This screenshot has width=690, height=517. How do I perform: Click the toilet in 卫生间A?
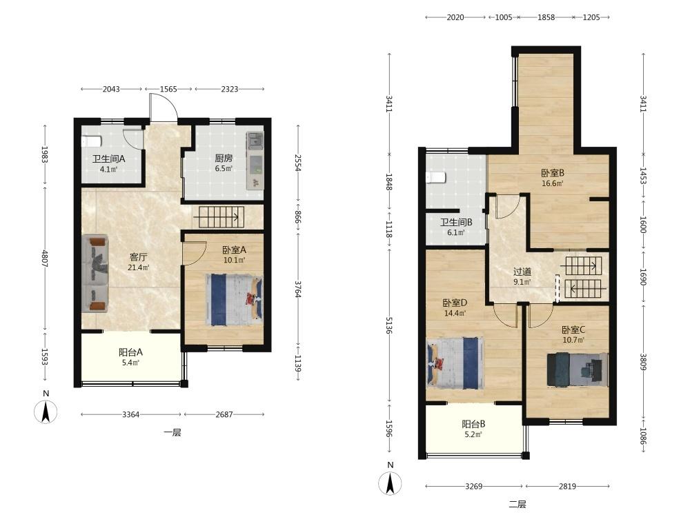point(92,141)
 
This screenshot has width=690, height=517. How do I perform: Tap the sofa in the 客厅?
point(95,273)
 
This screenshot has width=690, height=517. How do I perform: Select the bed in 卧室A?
point(234,300)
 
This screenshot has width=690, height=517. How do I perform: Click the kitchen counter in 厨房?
point(255,161)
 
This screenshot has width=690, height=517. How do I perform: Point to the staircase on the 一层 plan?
point(219,216)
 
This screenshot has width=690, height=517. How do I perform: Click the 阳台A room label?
point(130,352)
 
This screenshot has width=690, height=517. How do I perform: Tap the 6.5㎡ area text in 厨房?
point(224,168)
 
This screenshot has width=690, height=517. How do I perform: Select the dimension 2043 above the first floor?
point(111,89)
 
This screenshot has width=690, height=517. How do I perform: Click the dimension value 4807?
point(44,258)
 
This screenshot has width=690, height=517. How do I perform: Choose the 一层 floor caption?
point(172,433)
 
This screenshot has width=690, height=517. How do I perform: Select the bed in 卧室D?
point(455,363)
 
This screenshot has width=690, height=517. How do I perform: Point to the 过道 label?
point(522,272)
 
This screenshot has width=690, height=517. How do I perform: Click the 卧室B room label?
point(553,173)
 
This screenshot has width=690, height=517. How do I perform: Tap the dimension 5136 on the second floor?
point(388,325)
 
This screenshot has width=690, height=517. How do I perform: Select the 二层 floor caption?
point(517,505)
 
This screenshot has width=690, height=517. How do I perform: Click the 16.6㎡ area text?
point(552,184)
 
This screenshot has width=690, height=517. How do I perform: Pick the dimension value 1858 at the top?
point(546,17)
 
